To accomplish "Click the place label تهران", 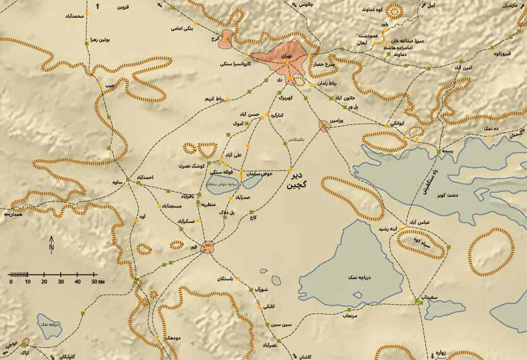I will [287, 55].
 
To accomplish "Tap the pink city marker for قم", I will [209, 247].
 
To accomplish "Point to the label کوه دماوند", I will [375, 9].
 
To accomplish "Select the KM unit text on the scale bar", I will [102, 282].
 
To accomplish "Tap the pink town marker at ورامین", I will [324, 125].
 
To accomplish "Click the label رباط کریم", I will [216, 99].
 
